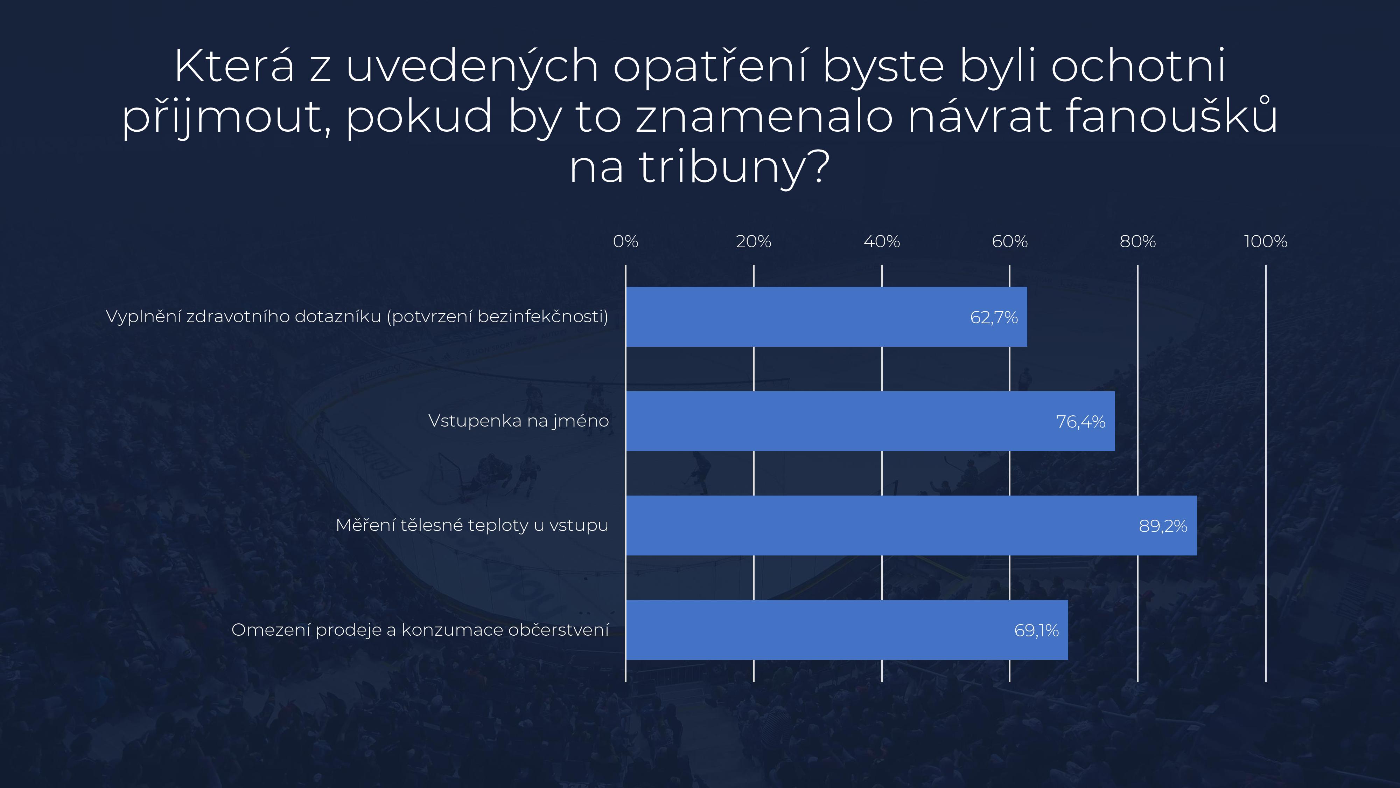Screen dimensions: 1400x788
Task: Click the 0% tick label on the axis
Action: click(625, 241)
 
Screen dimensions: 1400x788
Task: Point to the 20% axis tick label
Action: click(753, 241)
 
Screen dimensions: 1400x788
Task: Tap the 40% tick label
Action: click(882, 241)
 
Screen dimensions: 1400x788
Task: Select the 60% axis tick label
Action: click(1010, 241)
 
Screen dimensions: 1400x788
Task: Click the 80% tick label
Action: click(1137, 241)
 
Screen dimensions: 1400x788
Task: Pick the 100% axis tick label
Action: click(1266, 241)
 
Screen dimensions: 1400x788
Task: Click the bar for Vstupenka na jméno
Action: click(870, 421)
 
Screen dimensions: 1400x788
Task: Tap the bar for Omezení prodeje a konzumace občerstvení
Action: click(847, 630)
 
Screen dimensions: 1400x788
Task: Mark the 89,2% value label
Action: click(1163, 526)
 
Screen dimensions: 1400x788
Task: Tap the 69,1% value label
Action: click(1036, 631)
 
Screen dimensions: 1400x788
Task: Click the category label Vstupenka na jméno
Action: click(518, 421)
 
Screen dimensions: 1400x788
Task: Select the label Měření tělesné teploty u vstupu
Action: click(472, 525)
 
